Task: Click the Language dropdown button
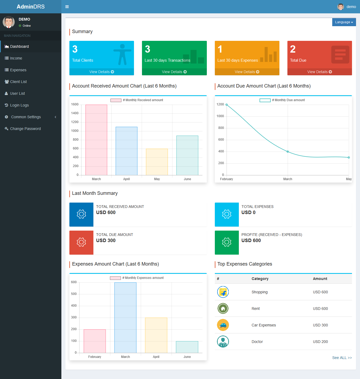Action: [344, 22]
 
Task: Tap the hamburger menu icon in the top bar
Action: [67, 7]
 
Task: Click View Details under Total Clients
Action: [102, 72]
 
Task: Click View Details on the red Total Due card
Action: [319, 72]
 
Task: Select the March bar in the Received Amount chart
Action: [96, 140]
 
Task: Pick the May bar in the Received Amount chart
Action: [157, 162]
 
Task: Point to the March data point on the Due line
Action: [287, 152]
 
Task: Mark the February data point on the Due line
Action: [227, 105]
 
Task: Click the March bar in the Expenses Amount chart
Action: [125, 318]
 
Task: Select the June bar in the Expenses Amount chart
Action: [187, 347]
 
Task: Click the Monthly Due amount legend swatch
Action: [265, 100]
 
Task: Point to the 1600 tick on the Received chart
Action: [75, 104]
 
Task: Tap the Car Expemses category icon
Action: [223, 325]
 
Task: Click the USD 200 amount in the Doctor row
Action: [320, 342]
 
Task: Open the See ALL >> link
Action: [342, 358]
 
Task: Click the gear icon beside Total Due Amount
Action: [81, 242]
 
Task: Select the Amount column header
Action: [320, 279]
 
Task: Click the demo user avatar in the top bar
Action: [341, 7]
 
